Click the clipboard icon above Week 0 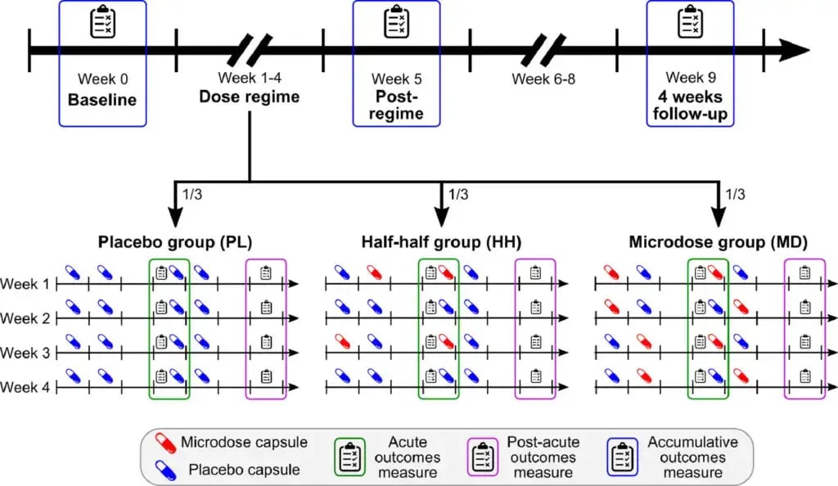(x=102, y=23)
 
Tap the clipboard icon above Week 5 (x=396, y=23)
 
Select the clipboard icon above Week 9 (x=689, y=23)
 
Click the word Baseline (x=102, y=101)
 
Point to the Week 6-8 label (x=542, y=79)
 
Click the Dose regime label (x=250, y=97)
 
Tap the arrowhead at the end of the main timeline (x=793, y=51)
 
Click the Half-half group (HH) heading (x=442, y=242)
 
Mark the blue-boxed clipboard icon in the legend (x=624, y=456)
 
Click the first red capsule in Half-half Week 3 (x=343, y=340)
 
